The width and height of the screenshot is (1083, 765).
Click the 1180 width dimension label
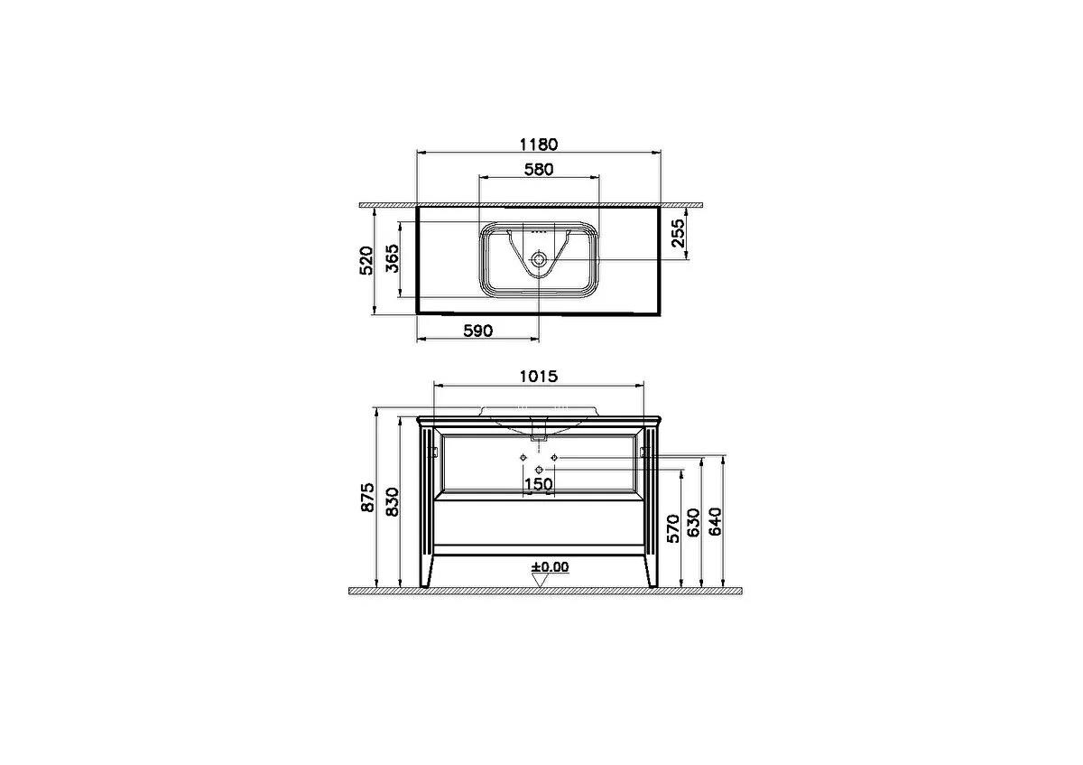[x=538, y=144]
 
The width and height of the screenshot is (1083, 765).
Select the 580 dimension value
[x=538, y=168]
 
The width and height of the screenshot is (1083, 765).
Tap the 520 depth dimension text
[x=366, y=261]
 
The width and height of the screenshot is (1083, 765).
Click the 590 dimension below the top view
[x=477, y=331]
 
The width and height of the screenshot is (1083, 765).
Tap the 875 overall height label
[x=366, y=498]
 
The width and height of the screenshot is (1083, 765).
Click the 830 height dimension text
[x=392, y=501]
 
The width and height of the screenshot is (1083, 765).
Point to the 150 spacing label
[x=539, y=485]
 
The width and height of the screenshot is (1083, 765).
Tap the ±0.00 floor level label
[x=551, y=567]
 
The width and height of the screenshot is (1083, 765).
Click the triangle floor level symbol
[x=539, y=581]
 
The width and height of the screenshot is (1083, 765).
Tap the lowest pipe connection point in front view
[x=539, y=471]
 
